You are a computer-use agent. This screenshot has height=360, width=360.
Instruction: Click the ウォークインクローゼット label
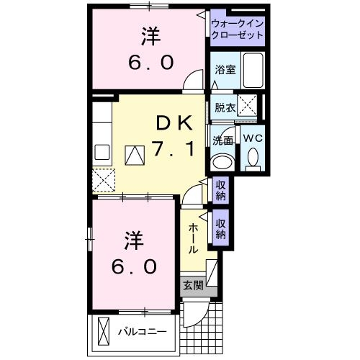coord(238,30)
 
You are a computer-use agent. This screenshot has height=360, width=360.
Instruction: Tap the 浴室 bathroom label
coord(225,69)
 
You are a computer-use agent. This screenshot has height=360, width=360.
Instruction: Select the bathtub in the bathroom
coord(253,70)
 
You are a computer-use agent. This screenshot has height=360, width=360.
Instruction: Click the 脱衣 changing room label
coord(225,108)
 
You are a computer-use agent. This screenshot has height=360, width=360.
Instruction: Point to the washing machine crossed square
coord(247,107)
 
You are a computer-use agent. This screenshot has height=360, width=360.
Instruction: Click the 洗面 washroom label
coord(222,140)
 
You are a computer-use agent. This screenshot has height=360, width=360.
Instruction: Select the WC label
coord(253,137)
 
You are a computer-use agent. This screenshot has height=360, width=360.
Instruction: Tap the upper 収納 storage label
coord(221,189)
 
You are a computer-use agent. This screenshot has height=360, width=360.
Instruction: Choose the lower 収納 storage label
coord(221,228)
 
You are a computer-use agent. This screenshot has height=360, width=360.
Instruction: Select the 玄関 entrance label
coord(192,285)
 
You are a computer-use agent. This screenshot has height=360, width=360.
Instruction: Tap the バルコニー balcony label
coord(143,332)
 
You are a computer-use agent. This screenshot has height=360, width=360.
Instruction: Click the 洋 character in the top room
coord(150,35)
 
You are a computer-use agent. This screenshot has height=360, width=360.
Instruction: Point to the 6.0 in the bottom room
coord(134,266)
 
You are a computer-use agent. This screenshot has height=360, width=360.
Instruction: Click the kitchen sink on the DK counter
coord(102,152)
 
